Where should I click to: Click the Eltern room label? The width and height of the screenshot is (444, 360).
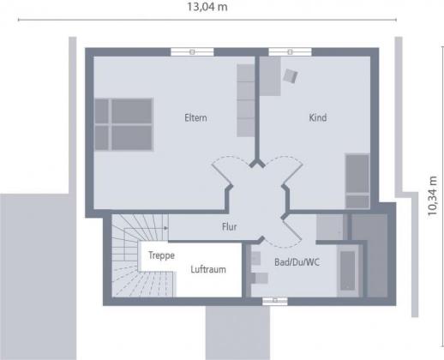[195, 117]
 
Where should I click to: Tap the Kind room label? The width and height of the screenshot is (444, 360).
[318, 117]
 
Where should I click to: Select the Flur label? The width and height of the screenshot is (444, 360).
[230, 226]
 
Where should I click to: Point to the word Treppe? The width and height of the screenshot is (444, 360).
[161, 255]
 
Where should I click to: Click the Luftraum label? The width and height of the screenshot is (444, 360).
[208, 269]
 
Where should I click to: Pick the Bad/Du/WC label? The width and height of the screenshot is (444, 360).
[297, 262]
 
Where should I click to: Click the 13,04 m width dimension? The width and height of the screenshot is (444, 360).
[207, 7]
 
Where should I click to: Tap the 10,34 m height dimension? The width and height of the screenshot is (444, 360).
[432, 195]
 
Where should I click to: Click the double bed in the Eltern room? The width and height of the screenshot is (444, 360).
[124, 124]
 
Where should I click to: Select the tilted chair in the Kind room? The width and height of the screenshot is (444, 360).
[291, 75]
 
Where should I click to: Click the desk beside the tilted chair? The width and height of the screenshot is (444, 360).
[270, 76]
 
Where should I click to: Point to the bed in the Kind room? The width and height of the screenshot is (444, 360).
[357, 181]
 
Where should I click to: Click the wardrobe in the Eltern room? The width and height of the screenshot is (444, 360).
[245, 100]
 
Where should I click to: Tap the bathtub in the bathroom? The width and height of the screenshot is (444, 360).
[348, 270]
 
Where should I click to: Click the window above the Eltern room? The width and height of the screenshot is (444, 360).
[192, 52]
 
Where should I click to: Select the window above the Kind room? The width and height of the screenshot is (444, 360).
[290, 52]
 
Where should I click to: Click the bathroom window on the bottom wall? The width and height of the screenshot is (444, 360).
[275, 301]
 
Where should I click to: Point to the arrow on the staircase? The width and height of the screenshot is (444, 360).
[165, 228]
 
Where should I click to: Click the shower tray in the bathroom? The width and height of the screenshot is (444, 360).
[332, 227]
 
